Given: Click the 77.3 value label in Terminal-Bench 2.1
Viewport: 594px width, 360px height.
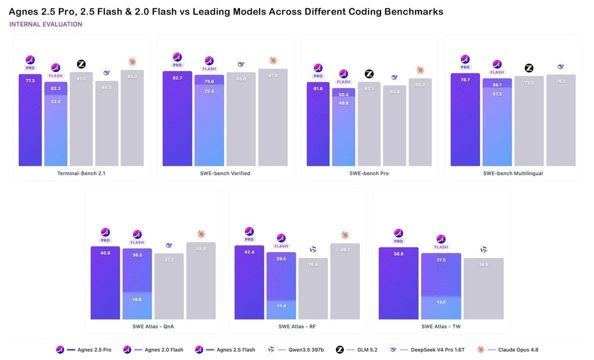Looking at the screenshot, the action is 30,80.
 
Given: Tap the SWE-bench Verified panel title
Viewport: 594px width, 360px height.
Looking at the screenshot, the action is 225,173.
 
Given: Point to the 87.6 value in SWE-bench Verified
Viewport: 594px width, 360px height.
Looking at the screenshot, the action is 273,75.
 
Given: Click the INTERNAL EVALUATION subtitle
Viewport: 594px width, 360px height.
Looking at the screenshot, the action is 45,24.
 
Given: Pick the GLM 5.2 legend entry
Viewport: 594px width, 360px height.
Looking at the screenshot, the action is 356,350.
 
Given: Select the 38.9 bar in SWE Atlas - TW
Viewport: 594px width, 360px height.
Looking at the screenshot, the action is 398,283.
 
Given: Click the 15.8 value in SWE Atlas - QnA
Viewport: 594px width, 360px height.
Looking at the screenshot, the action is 137,299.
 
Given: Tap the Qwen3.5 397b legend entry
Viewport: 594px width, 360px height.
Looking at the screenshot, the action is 295,350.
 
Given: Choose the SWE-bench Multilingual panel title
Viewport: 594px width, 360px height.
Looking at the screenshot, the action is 513,173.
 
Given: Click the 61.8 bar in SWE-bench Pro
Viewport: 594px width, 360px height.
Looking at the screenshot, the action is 318,124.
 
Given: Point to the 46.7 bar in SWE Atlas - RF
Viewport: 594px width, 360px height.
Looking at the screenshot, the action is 344,281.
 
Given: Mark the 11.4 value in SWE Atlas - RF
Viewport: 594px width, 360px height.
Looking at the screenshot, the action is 281,305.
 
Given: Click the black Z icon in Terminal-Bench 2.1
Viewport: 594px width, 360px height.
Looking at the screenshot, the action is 81,64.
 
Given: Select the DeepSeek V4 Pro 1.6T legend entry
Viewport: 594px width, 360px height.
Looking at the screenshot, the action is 426,350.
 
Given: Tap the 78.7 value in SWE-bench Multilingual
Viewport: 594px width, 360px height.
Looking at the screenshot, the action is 465,80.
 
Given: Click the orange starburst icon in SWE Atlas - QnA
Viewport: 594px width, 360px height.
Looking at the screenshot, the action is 201,234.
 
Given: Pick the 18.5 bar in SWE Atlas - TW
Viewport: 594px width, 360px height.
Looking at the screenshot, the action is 484,288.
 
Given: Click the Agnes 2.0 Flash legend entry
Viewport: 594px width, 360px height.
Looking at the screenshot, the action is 153,350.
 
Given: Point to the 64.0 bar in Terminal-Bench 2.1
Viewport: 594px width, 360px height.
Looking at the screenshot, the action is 107,123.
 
